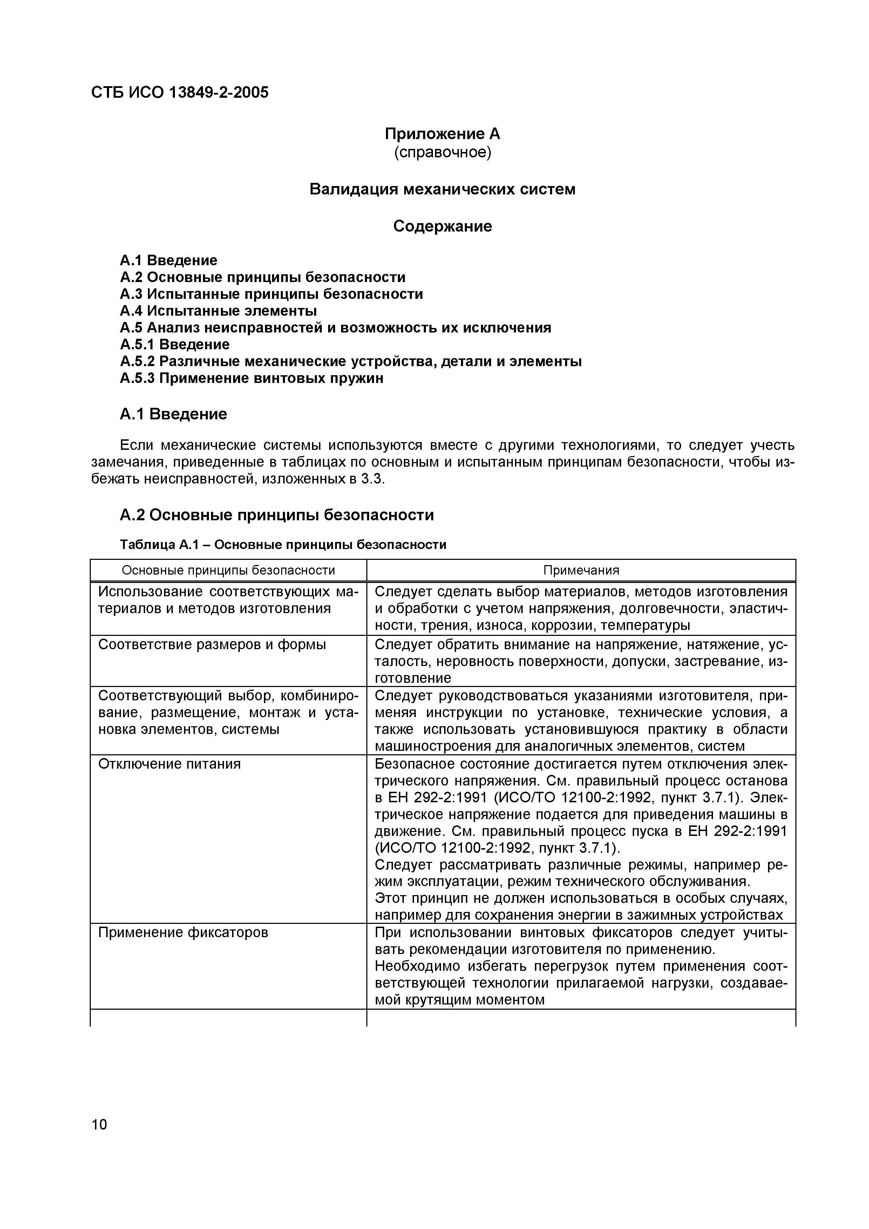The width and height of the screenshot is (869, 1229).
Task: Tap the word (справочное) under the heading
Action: click(x=442, y=152)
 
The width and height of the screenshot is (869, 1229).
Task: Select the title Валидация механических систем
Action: click(x=442, y=190)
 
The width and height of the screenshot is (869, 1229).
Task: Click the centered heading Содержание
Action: click(x=442, y=226)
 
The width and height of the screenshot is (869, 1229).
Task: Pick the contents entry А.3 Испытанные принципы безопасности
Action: click(x=271, y=294)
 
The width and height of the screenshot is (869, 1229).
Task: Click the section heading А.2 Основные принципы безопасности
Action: click(x=276, y=515)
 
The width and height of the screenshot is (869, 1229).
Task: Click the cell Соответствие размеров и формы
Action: click(x=212, y=645)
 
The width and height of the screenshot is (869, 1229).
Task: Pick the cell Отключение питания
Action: click(x=169, y=764)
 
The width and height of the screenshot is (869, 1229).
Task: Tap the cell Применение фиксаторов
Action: click(x=183, y=933)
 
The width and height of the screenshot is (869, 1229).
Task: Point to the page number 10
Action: click(x=100, y=1125)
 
